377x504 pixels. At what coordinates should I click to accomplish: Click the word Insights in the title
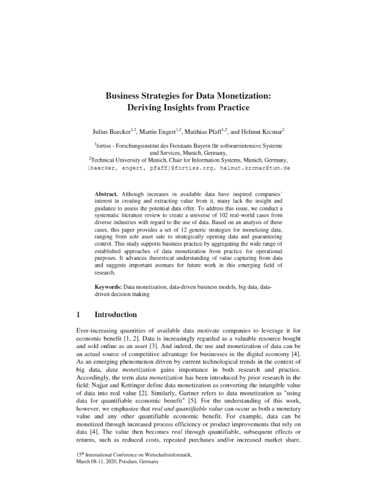click(x=177, y=108)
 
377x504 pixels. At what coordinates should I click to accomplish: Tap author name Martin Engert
click(x=156, y=131)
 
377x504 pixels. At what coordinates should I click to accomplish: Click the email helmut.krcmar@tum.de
click(x=256, y=168)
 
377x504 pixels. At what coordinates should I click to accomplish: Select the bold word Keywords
click(x=108, y=287)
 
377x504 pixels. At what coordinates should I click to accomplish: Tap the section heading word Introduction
click(x=116, y=314)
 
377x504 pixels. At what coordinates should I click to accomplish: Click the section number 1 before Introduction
click(x=78, y=314)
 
